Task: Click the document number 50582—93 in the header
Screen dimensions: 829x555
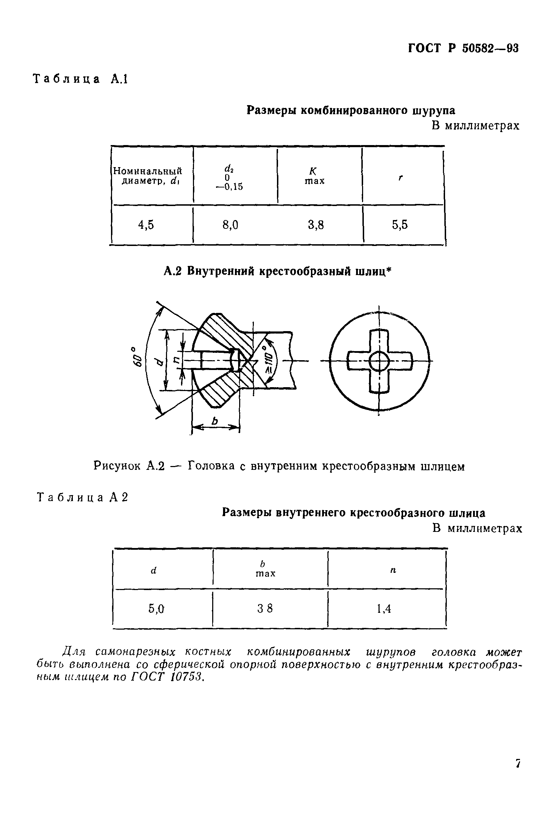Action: pyautogui.click(x=490, y=48)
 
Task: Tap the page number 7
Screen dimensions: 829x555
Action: pyautogui.click(x=518, y=773)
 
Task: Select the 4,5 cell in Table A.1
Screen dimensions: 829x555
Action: pyautogui.click(x=146, y=225)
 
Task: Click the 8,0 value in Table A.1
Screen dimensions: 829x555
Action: pyautogui.click(x=230, y=225)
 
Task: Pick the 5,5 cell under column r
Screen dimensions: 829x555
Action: pyautogui.click(x=400, y=225)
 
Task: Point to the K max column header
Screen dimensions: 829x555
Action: pyautogui.click(x=314, y=176)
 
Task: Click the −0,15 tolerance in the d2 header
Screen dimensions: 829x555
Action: pyautogui.click(x=229, y=187)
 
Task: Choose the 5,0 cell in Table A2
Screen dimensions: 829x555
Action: pyautogui.click(x=156, y=608)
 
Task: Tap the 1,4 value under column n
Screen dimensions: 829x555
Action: pyautogui.click(x=384, y=608)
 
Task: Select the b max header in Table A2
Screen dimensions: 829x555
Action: pyautogui.click(x=265, y=568)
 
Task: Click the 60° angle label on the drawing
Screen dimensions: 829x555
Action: pyautogui.click(x=137, y=357)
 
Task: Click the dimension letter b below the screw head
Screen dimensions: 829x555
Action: pyautogui.click(x=215, y=421)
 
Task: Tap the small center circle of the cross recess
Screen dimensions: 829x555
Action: pyautogui.click(x=379, y=362)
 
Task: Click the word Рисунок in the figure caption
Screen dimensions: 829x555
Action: pyautogui.click(x=117, y=466)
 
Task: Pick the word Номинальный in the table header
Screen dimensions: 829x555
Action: pyautogui.click(x=147, y=171)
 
